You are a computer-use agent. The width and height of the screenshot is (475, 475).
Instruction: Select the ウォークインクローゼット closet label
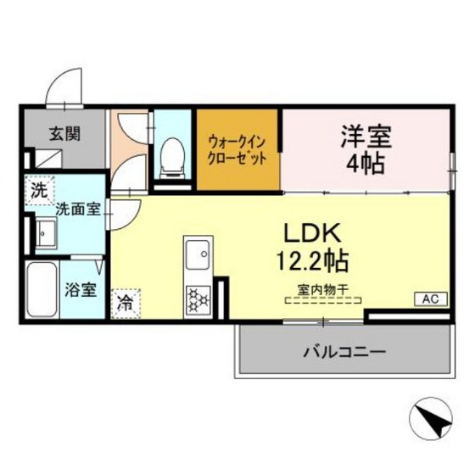(238, 149)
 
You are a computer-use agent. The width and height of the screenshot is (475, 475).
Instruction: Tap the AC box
(427, 299)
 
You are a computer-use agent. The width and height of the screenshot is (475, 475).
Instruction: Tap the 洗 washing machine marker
(39, 189)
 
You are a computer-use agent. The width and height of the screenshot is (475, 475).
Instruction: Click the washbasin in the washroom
(44, 232)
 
